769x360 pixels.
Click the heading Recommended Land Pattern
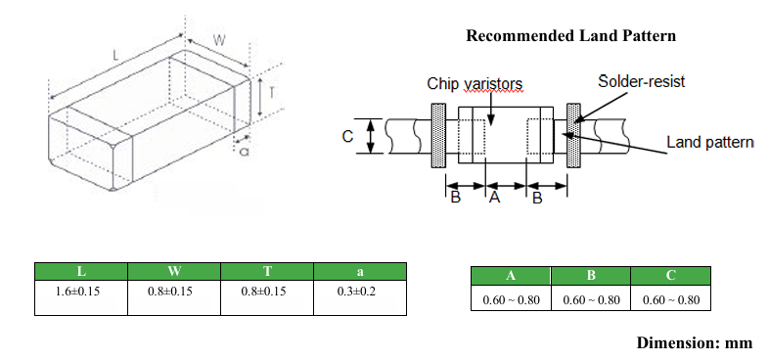570,36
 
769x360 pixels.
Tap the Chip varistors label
475,83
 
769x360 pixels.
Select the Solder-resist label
641,81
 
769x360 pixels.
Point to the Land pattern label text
710,142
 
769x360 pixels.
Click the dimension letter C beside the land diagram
347,136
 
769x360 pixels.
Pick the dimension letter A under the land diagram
494,198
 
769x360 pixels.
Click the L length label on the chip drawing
115,56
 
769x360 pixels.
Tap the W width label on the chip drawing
219,41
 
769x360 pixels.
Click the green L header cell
81,271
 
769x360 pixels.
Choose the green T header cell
267,271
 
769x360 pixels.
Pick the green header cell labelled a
360,271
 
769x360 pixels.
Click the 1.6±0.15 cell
81,297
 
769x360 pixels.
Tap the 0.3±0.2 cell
360,297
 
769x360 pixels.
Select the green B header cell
591,276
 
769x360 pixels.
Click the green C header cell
670,276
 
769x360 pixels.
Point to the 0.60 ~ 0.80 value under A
511,299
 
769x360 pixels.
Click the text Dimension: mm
695,342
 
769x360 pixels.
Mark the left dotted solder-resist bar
438,135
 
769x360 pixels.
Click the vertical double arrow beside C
371,136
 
